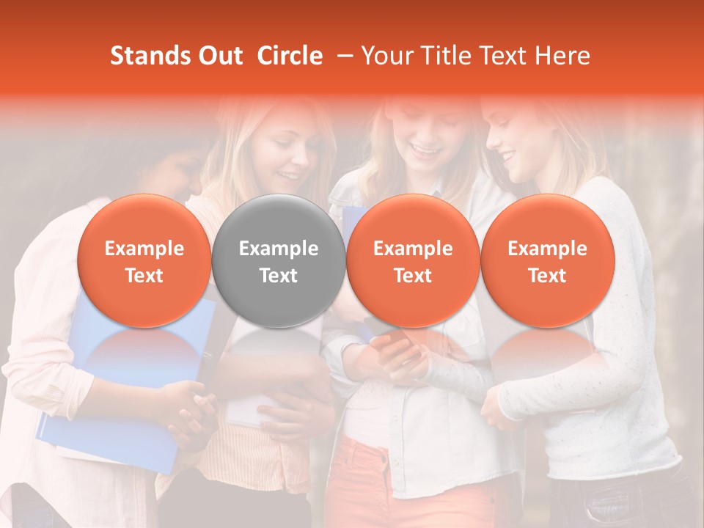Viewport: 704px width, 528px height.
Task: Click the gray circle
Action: tap(279, 261)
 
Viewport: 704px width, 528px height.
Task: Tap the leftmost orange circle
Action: tap(144, 261)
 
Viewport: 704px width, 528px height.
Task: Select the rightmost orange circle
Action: tap(547, 261)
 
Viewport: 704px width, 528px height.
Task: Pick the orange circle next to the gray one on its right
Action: tap(413, 261)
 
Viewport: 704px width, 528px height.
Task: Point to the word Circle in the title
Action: tap(290, 56)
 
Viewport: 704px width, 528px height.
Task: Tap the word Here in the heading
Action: tap(562, 56)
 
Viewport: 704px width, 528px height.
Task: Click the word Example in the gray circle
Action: tap(279, 249)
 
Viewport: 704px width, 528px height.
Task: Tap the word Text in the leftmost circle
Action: tap(144, 276)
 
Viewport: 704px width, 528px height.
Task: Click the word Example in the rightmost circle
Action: tap(547, 249)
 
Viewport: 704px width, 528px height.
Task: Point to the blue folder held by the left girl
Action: tap(110, 425)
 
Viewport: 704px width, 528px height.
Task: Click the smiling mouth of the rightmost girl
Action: tap(508, 157)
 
